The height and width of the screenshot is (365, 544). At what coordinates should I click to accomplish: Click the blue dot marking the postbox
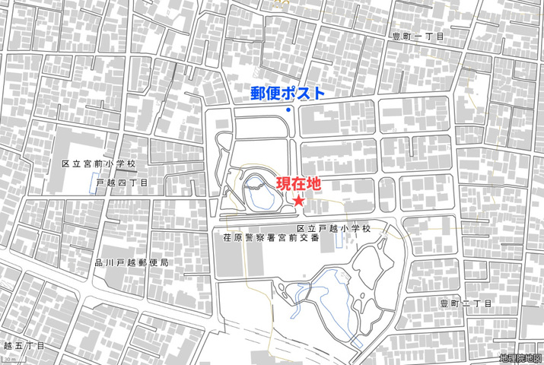[x=288, y=111]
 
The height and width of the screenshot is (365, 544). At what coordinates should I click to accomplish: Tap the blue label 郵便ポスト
[x=288, y=94]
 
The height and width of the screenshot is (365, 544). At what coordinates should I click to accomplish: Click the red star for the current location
[x=299, y=201]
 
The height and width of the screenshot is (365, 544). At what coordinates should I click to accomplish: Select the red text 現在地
[x=298, y=183]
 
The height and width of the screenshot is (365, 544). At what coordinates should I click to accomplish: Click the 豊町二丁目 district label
[x=466, y=303]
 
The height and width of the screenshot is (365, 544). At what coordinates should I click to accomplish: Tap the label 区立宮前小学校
[x=98, y=164]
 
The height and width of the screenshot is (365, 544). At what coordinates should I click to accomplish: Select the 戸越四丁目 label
[x=122, y=182]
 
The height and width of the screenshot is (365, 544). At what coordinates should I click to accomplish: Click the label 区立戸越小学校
[x=334, y=228]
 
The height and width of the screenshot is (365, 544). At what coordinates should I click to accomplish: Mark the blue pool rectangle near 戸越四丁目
[x=97, y=183]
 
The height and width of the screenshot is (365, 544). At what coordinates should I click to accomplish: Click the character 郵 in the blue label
[x=259, y=94]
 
